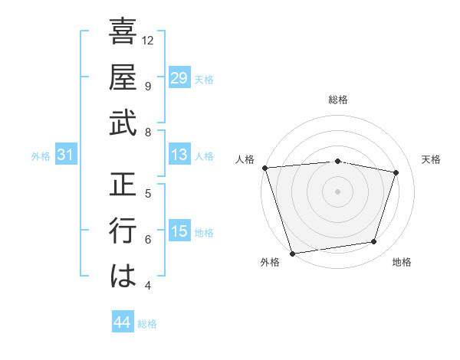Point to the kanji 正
pos(123,185)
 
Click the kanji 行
pos(123,231)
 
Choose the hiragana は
pos(123,277)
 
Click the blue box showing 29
pos(179,78)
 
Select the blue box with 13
pos(179,155)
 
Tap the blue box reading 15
pos(179,231)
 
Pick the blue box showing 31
pos(66,155)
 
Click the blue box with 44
pos(122,322)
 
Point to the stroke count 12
pos(149,40)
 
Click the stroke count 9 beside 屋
pos(148,86)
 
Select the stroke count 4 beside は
pos(148,286)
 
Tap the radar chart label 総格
pos(337,100)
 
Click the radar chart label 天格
pos(432,159)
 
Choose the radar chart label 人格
pos(245,159)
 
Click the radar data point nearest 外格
pos(292,253)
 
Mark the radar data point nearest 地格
pos(374,242)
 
